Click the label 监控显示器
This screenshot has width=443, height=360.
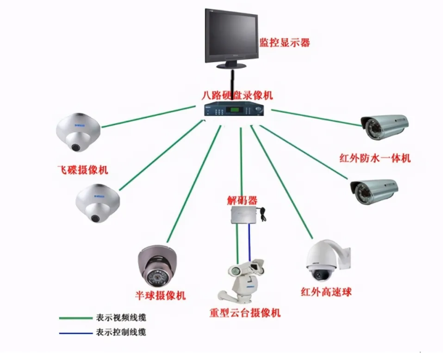pos(284,43)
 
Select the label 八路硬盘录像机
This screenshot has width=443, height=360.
pos(238,96)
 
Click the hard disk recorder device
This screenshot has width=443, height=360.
pos(235,112)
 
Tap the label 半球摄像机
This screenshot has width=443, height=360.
pos(160,295)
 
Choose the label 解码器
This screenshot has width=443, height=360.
pos(242,201)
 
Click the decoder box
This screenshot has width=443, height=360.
pos(244,214)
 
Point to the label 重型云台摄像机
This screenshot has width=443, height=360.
pos(245,313)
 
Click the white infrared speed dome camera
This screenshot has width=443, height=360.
pos(325,259)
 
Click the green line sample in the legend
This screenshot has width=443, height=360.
pos(74,318)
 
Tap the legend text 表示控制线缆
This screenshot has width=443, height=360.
pos(122,332)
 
